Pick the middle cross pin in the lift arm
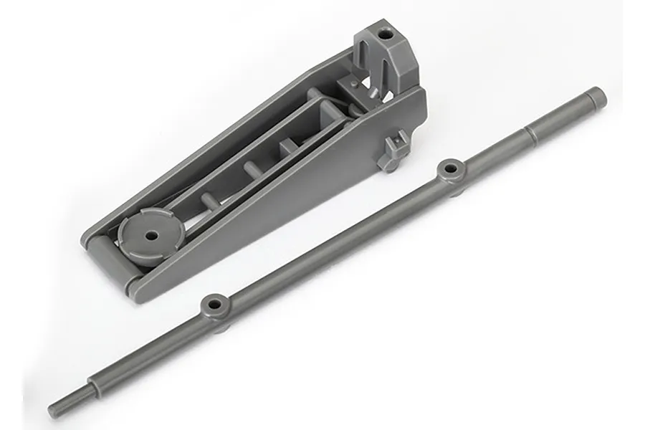tap(251, 170)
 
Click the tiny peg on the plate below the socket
tap(354, 84)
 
